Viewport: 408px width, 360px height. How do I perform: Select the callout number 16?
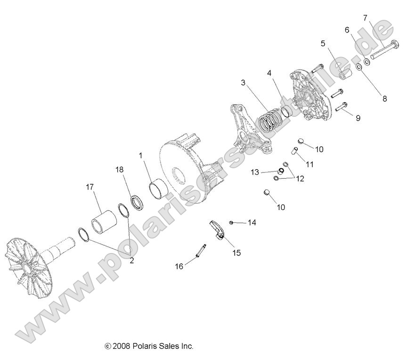(179, 267)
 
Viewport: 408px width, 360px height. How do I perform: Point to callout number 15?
(236, 253)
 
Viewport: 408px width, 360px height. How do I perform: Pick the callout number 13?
(255, 172)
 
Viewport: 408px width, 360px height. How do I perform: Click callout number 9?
(358, 118)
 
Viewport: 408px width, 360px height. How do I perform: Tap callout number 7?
(365, 18)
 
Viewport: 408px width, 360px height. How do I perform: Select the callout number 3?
(243, 82)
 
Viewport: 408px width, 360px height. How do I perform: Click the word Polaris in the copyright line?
(144, 346)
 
